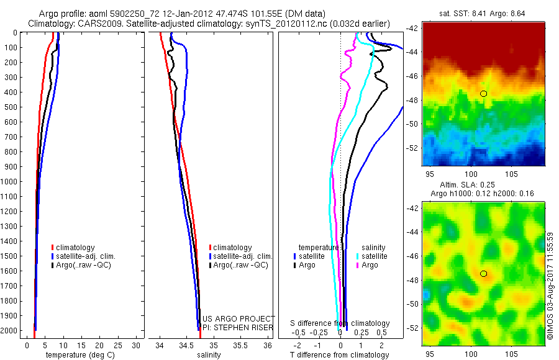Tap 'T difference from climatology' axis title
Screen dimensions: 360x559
pos(340,355)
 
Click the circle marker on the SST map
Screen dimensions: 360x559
pos(484,93)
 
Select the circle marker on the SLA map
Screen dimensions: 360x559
pos(484,274)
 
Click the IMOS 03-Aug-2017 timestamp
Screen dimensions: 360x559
pos(551,286)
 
